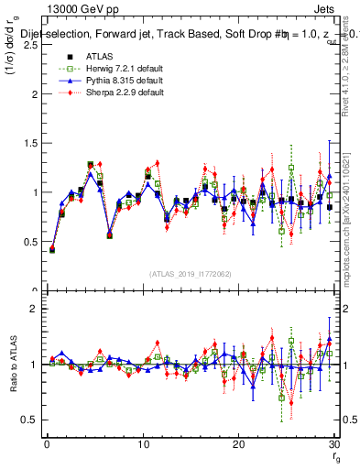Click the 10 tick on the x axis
coord(142,443)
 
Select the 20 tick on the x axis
coord(238,443)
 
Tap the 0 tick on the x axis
coord(46,443)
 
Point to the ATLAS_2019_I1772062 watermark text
coord(190,274)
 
